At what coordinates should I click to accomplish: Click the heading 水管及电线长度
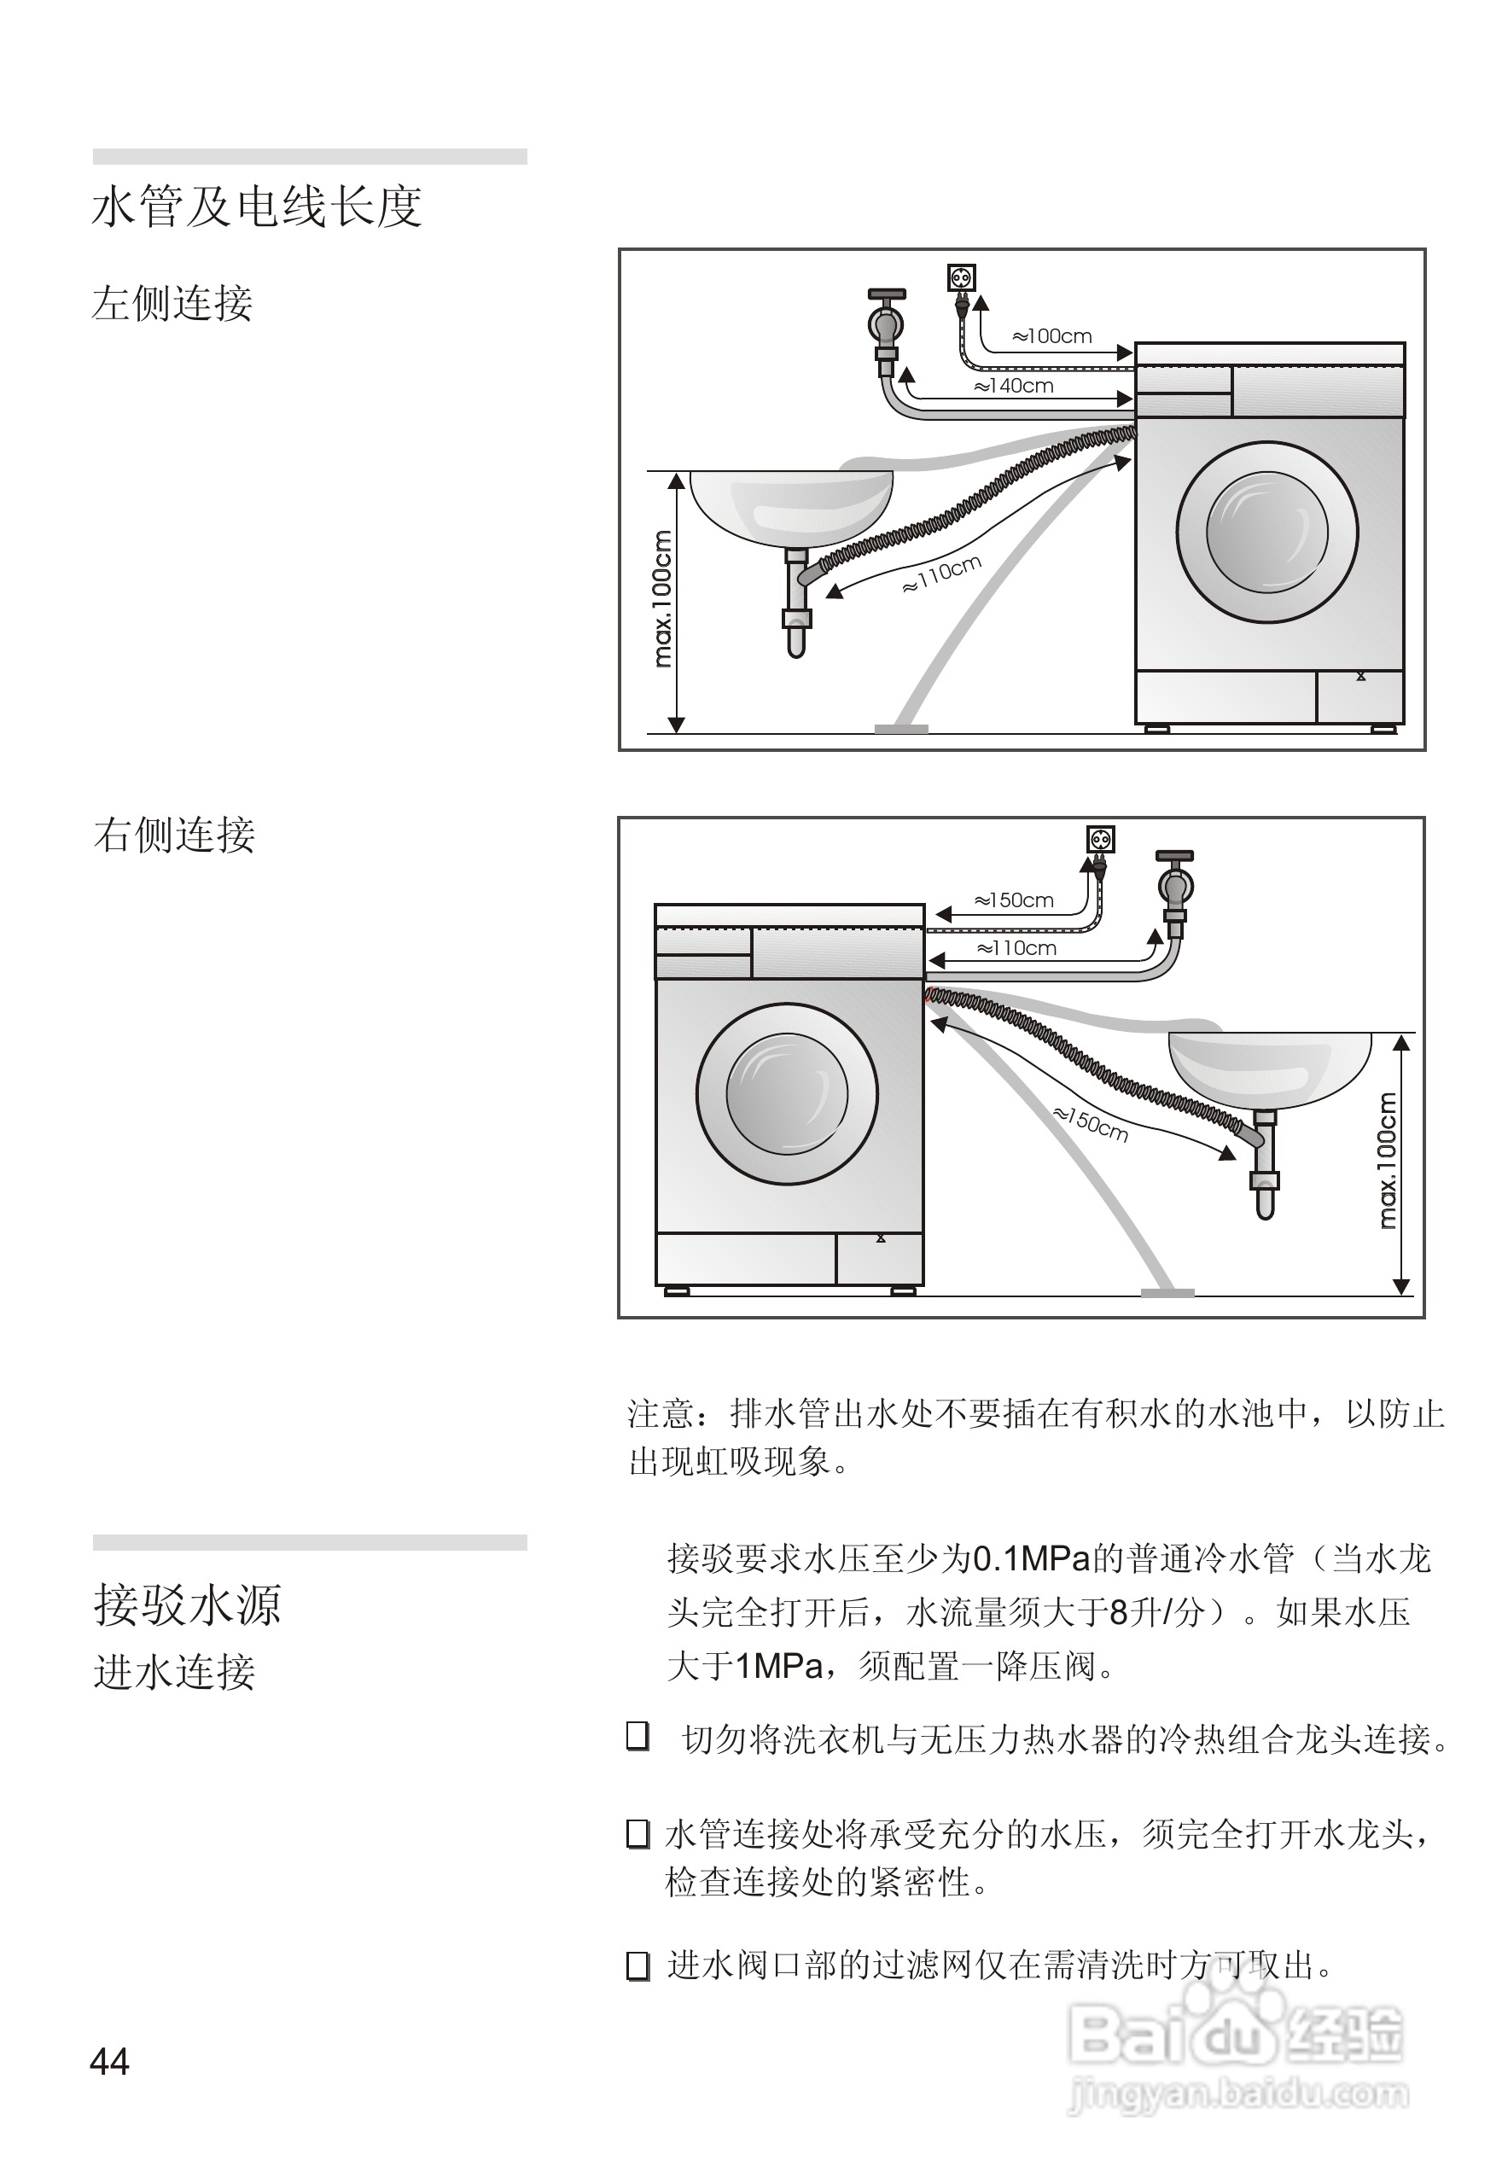click(x=257, y=207)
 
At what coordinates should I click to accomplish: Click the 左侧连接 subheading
click(x=172, y=303)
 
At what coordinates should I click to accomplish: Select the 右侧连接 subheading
click(x=174, y=835)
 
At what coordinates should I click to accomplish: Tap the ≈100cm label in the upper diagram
click(x=1051, y=336)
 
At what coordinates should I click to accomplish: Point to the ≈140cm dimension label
click(x=1014, y=386)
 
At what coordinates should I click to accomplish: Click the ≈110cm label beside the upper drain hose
click(x=942, y=574)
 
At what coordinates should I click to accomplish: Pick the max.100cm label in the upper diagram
click(x=662, y=598)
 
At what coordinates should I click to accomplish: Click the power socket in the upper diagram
click(x=961, y=277)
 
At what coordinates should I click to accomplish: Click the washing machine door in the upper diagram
click(x=1266, y=532)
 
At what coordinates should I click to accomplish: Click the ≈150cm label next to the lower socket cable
click(x=1014, y=900)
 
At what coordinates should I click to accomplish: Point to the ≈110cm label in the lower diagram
click(x=1016, y=948)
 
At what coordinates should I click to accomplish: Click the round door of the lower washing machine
click(x=787, y=1094)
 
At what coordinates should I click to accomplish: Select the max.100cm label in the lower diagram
click(x=1386, y=1161)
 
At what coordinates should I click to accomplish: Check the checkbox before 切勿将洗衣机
click(x=638, y=1736)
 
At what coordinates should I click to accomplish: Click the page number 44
click(x=109, y=2062)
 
